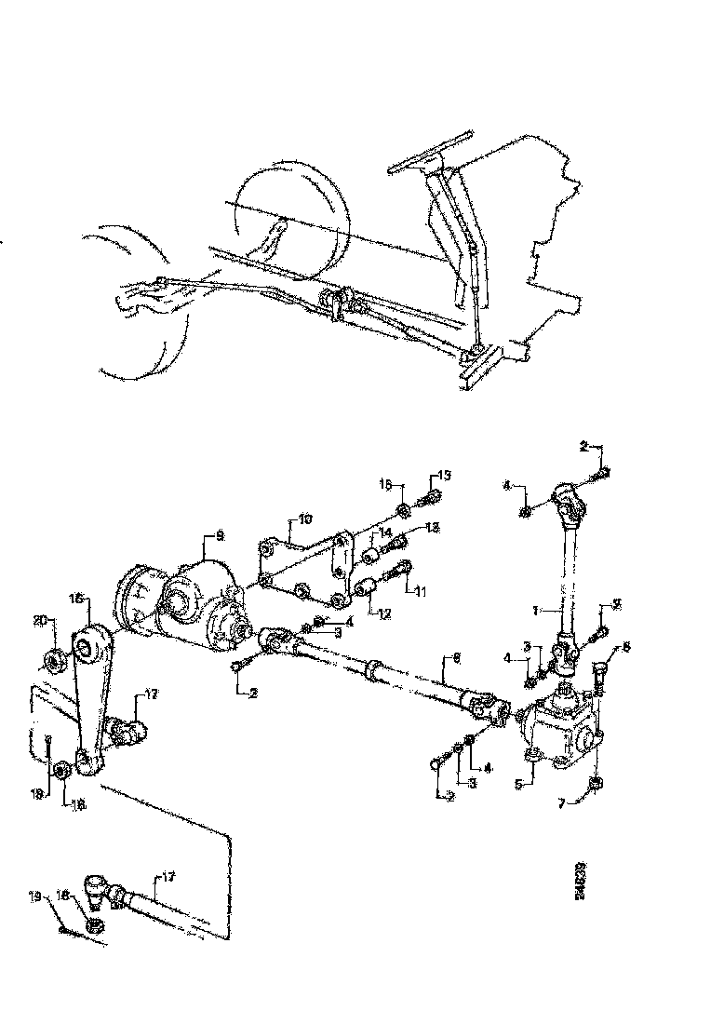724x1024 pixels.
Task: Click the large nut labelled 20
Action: (55, 661)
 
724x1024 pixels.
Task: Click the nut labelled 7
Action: (597, 785)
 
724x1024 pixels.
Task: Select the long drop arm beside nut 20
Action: (89, 698)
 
